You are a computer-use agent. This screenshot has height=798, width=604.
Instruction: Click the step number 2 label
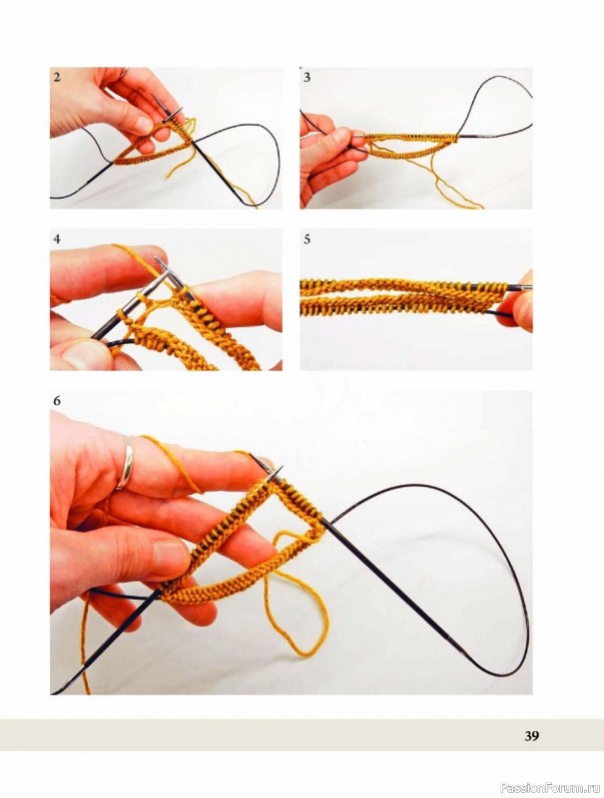pyautogui.click(x=57, y=78)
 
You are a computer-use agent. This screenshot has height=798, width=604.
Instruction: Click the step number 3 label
pyautogui.click(x=307, y=78)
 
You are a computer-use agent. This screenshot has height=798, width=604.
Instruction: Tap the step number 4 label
pyautogui.click(x=57, y=238)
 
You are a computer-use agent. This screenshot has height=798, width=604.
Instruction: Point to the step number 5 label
pyautogui.click(x=307, y=238)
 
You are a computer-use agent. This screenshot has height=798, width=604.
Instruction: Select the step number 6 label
pyautogui.click(x=57, y=401)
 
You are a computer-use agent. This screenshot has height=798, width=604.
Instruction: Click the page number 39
pyautogui.click(x=532, y=736)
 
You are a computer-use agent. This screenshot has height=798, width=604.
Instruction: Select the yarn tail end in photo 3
pyautogui.click(x=476, y=205)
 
